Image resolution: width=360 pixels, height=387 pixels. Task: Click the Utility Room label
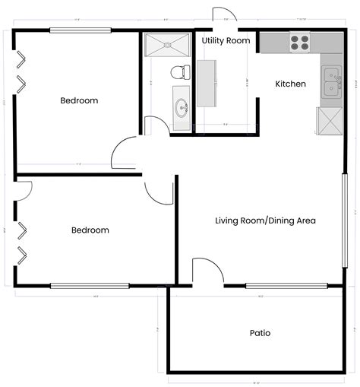click(226, 40)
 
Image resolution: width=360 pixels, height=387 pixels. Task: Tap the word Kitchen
click(290, 84)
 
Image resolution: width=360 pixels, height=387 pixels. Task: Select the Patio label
click(260, 333)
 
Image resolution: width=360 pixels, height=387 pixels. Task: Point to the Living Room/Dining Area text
click(265, 220)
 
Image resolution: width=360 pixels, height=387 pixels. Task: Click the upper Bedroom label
click(79, 100)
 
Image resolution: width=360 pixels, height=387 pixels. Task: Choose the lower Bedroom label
click(90, 230)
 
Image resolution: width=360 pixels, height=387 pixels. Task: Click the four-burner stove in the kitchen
click(299, 43)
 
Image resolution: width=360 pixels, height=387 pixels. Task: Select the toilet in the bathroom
click(179, 72)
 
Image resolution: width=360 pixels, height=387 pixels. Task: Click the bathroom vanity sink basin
click(182, 107)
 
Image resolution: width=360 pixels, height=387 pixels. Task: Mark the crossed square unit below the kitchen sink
click(330, 121)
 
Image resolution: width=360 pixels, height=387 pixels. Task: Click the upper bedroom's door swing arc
click(122, 155)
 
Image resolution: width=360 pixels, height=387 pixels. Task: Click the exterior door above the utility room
click(224, 21)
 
